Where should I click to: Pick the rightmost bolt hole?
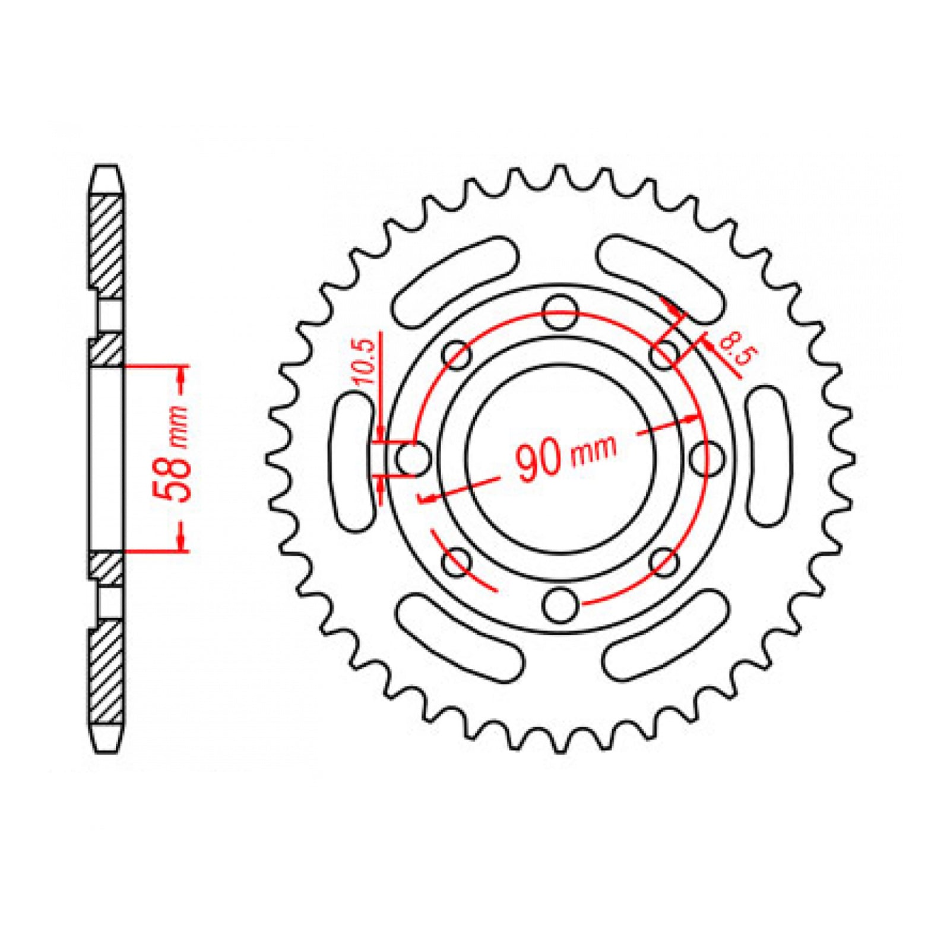pyautogui.click(x=708, y=458)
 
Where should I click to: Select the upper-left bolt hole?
pyautogui.click(x=457, y=356)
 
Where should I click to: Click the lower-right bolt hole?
pyautogui.click(x=664, y=562)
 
